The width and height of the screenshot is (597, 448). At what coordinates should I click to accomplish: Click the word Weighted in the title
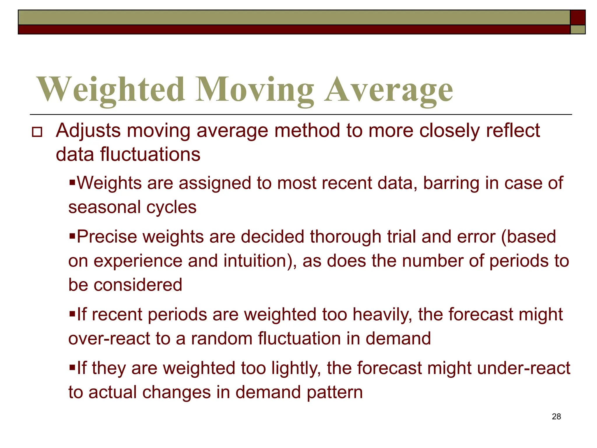(111, 89)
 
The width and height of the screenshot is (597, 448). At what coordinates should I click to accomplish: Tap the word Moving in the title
(255, 89)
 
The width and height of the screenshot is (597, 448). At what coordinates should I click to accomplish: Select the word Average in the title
(389, 89)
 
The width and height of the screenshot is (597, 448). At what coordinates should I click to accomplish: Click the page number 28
(556, 416)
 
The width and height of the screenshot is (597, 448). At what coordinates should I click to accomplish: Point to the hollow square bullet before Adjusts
(37, 132)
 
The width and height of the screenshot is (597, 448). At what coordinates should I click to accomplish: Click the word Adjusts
(88, 131)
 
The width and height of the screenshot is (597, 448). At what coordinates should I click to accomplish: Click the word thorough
(345, 237)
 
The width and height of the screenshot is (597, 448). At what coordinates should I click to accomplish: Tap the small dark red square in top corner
(577, 17)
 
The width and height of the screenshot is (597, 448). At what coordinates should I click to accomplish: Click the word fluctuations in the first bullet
(150, 155)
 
